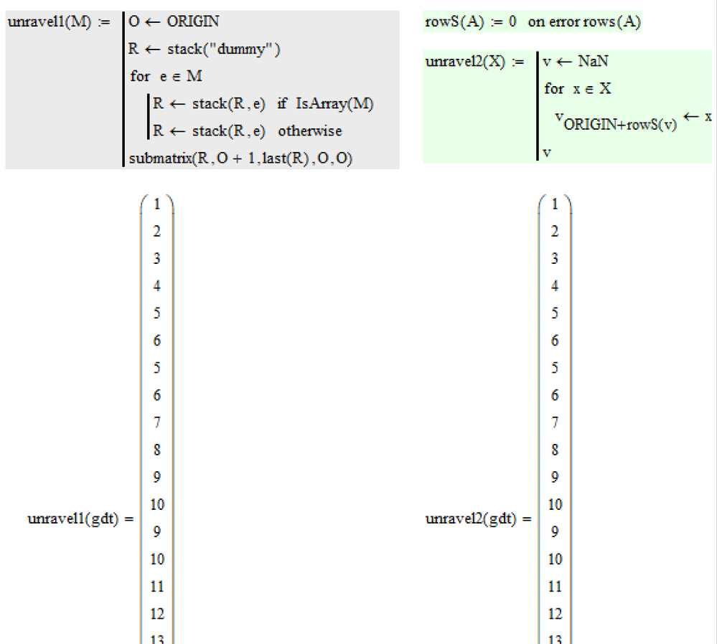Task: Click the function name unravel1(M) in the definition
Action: coord(50,22)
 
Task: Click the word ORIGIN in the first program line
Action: coord(193,22)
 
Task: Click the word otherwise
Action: coord(310,131)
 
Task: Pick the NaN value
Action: coord(594,62)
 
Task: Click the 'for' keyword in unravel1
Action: coord(140,76)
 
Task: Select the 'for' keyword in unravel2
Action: coord(553,89)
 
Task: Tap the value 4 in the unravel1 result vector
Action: coord(156,286)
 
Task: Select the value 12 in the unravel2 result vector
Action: coord(555,614)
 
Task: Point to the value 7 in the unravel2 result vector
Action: coord(555,423)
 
